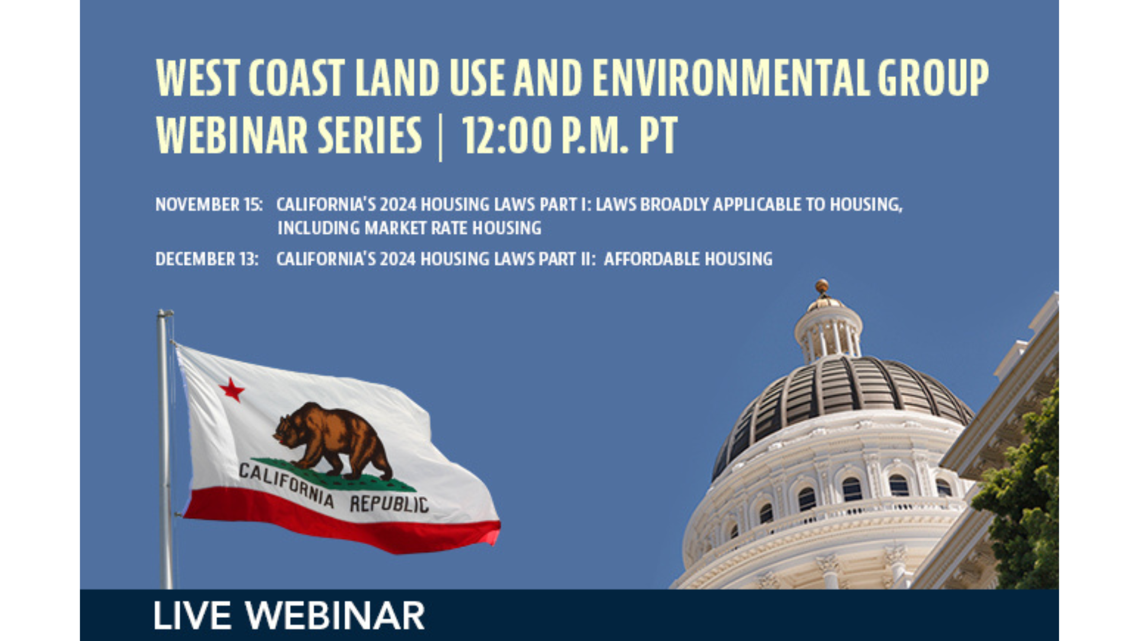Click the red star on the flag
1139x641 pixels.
231,390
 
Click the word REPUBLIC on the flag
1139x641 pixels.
389,503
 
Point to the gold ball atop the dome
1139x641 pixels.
822,287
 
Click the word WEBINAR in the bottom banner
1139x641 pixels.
335,615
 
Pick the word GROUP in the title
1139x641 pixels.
933,78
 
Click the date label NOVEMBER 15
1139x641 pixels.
209,205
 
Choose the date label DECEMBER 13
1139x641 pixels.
207,259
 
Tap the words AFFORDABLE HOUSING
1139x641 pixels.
688,259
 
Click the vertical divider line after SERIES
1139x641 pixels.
440,138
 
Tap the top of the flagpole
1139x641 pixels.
165,313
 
